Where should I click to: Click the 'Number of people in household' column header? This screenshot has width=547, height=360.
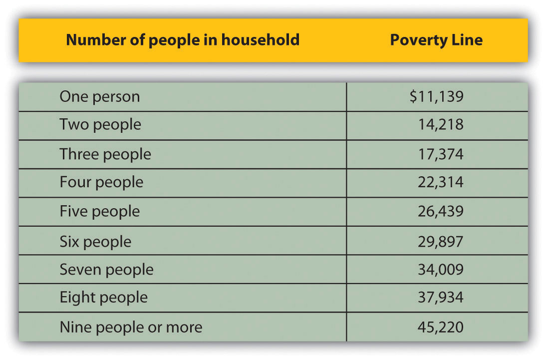pos(183,39)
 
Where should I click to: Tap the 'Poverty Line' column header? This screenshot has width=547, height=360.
pos(436,39)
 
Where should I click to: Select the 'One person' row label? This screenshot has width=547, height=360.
pos(100,96)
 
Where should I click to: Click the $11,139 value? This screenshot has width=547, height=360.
pos(436,96)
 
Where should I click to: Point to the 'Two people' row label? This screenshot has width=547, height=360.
pos(100,124)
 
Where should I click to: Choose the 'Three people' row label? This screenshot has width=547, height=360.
pos(105,154)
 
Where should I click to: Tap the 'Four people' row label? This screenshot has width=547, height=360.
pos(101,182)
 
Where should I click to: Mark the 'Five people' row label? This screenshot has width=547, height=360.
pos(100,211)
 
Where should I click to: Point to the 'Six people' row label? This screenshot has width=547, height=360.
pos(95,242)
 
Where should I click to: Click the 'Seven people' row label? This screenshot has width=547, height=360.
pos(107,270)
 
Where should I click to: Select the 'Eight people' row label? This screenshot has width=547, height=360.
pos(104,298)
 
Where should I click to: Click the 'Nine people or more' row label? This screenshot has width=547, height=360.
pos(131,327)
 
